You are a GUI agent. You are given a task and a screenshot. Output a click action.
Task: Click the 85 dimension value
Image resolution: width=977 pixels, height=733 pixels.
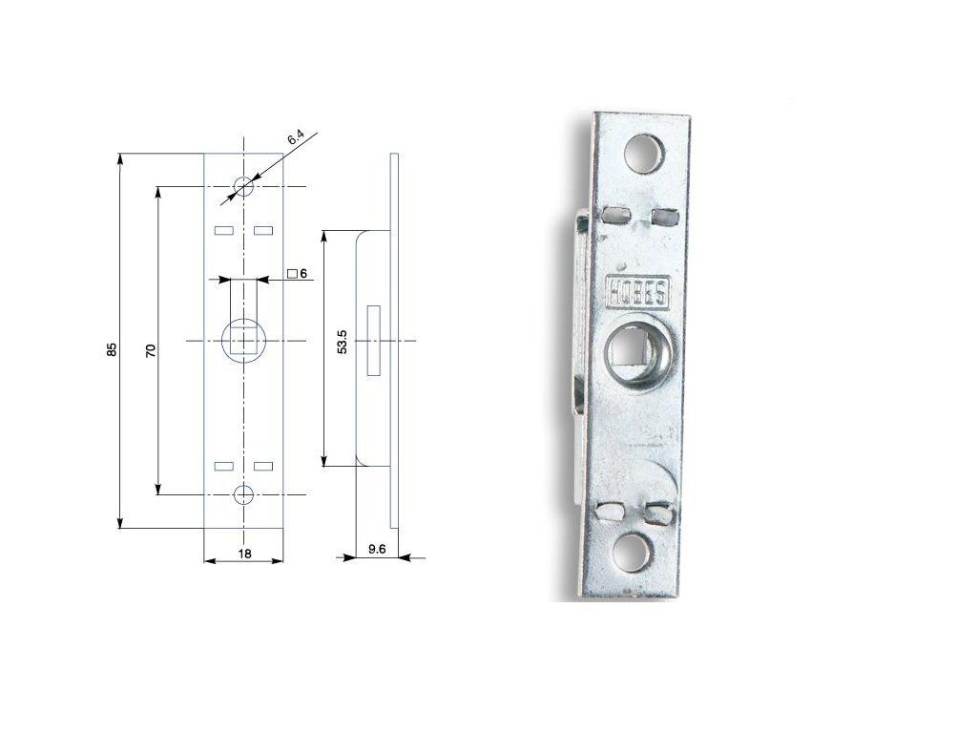112,349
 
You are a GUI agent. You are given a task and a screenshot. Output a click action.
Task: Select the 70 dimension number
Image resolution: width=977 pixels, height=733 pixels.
150,350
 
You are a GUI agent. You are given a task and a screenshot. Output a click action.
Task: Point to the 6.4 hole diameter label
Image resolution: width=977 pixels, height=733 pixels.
296,138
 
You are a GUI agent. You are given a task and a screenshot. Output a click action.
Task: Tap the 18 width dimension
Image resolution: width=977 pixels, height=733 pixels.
244,554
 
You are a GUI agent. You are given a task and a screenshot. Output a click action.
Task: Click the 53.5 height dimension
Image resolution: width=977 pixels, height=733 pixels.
343,343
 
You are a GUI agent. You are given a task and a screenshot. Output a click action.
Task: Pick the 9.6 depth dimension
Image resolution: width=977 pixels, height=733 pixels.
377,549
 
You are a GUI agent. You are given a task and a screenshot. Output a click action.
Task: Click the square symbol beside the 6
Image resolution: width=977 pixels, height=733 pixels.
292,274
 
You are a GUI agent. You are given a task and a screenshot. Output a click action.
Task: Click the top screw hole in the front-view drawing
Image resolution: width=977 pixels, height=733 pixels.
243,186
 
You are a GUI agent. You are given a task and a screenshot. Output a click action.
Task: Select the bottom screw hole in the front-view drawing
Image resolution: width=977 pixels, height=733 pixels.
243,495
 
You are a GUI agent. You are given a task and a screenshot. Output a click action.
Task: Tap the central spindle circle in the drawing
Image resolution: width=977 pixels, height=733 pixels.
243,341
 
